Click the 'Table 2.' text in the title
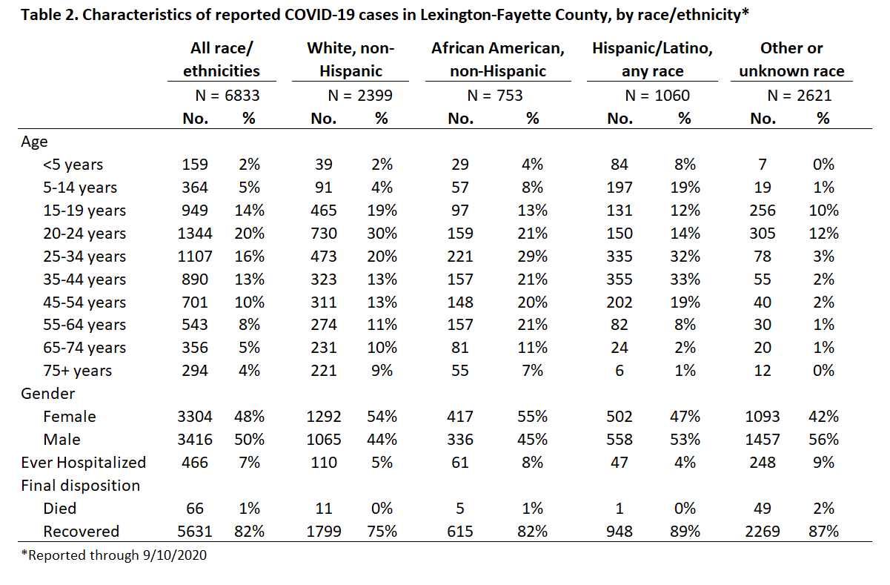click(49, 15)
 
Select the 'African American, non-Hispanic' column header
click(498, 59)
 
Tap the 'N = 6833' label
click(228, 96)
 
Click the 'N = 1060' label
click(657, 96)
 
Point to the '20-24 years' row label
click(84, 234)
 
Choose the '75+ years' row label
click(78, 371)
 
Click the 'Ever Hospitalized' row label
click(84, 463)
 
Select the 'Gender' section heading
click(47, 394)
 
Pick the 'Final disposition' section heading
click(80, 486)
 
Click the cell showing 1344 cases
click(195, 234)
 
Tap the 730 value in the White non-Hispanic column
click(324, 234)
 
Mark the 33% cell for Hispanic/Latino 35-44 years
click(685, 280)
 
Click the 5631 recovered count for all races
click(195, 532)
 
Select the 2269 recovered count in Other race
click(763, 532)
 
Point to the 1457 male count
click(763, 440)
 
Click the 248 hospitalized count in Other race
click(763, 463)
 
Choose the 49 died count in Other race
click(763, 509)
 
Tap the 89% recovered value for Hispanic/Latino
click(685, 532)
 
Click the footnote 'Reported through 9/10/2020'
click(114, 555)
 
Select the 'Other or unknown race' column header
click(791, 59)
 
